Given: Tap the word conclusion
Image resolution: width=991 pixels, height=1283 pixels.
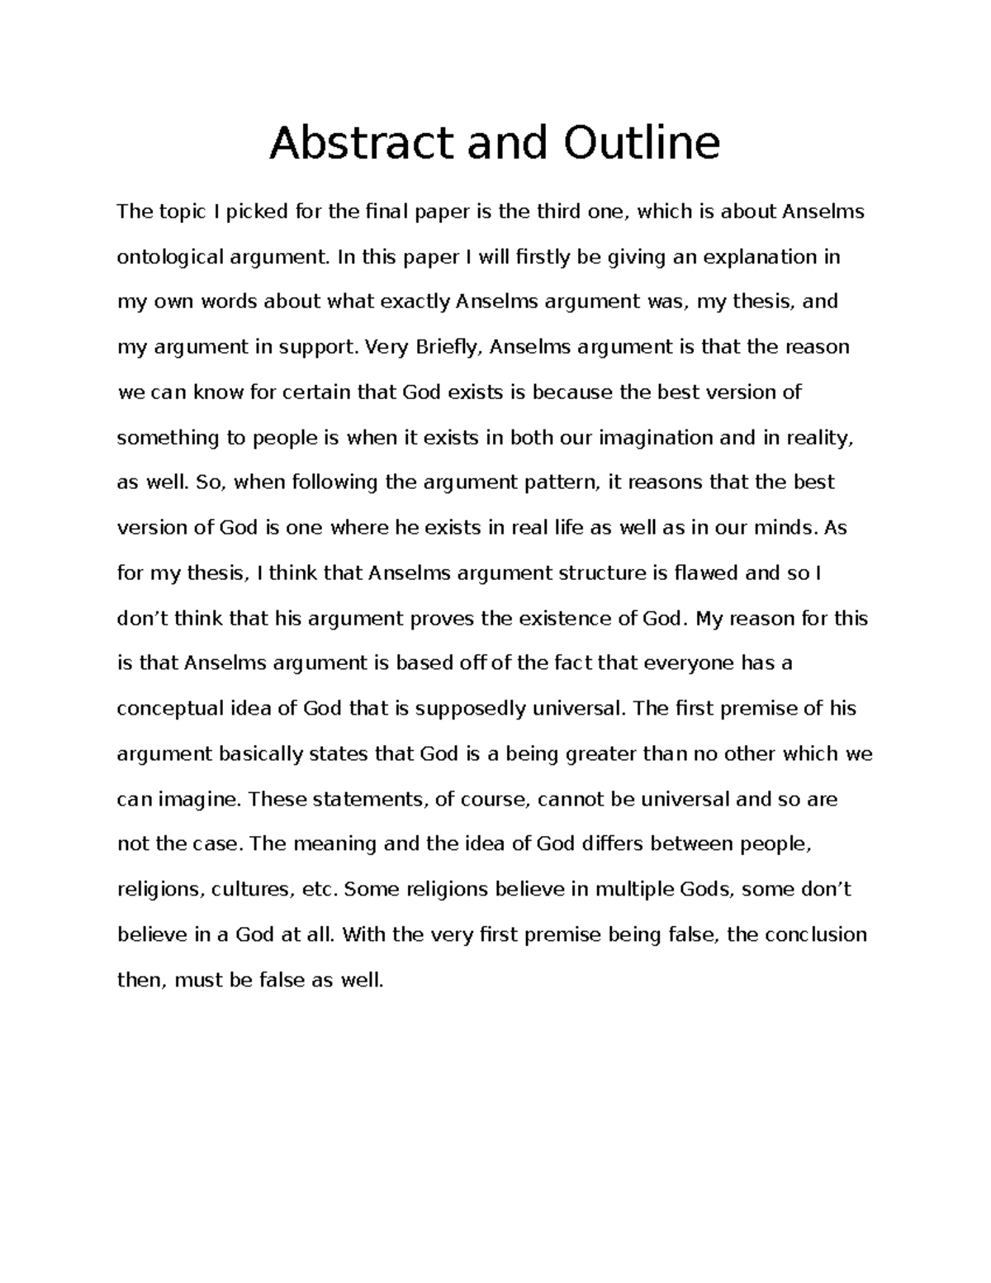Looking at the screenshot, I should pyautogui.click(x=816, y=934).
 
